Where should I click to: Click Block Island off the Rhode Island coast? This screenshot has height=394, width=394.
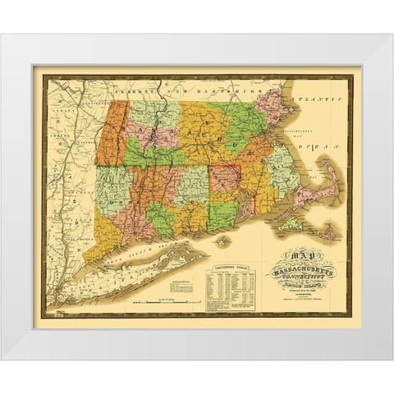[x=224, y=242]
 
